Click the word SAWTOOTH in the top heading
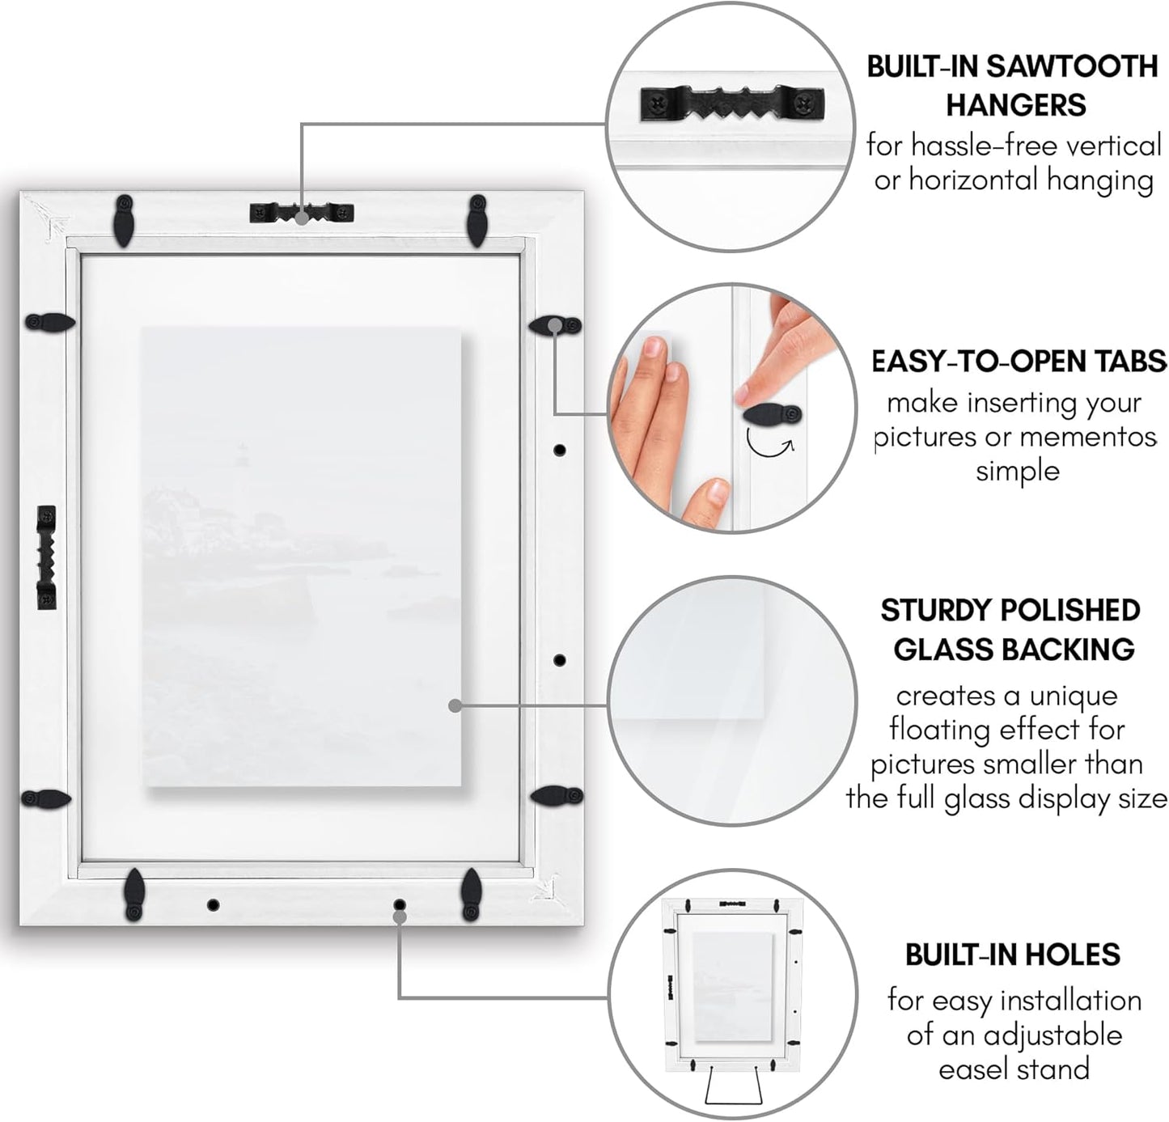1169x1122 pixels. coord(1072,66)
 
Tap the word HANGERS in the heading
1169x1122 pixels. coord(1016,105)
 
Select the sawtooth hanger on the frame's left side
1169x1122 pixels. coord(47,557)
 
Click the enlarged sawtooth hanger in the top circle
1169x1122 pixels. coord(732,104)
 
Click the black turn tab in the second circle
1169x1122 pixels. coord(773,414)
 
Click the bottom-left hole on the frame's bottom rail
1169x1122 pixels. coord(213,905)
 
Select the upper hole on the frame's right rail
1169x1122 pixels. coord(560,450)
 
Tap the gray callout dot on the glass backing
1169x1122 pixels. coord(455,705)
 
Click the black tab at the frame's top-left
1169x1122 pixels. coord(124,220)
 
